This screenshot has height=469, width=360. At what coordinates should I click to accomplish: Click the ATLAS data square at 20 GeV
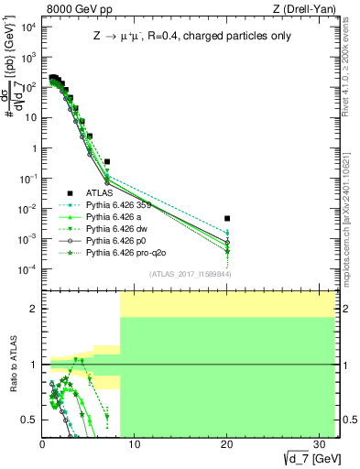click(x=227, y=218)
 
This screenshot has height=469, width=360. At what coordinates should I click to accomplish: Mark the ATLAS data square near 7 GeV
click(x=107, y=161)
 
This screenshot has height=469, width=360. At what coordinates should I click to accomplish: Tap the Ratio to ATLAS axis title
click(x=12, y=365)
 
